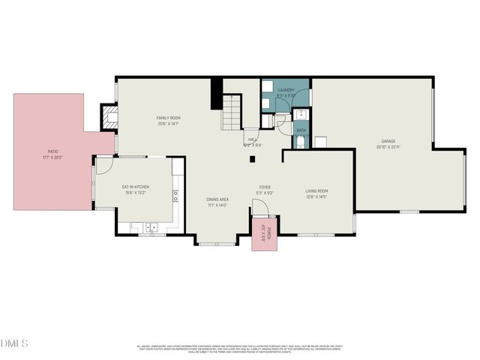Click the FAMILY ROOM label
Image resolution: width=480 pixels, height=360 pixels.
[x=168, y=118]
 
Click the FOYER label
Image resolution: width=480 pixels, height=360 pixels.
[x=265, y=187]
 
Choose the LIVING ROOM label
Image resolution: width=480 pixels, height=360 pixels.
[x=316, y=191]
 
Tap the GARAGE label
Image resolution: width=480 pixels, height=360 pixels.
[x=388, y=141]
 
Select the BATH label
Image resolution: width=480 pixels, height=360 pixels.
[x=301, y=130]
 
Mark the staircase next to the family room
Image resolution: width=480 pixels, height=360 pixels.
[x=233, y=112]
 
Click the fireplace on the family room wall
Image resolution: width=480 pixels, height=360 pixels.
[x=111, y=116]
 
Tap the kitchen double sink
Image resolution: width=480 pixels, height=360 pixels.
[x=150, y=226]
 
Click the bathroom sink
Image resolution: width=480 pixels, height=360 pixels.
[x=300, y=115]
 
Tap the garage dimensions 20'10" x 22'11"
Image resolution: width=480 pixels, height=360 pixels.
[x=388, y=147]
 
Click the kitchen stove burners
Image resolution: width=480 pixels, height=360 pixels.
[x=175, y=196]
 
